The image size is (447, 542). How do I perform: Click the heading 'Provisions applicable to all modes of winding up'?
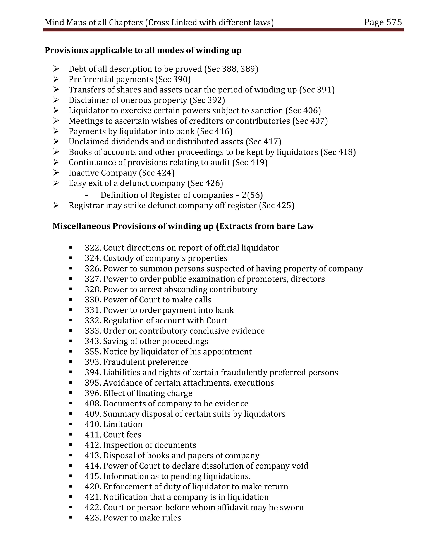click(x=143, y=50)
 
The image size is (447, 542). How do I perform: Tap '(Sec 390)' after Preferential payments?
click(x=173, y=80)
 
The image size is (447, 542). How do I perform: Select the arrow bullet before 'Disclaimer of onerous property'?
click(x=56, y=100)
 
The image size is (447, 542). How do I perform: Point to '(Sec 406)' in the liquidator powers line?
click(x=303, y=110)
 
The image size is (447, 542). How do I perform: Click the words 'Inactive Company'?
click(x=103, y=173)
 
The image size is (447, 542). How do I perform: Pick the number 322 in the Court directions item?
click(x=93, y=248)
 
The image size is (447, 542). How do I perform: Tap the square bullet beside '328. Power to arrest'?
click(x=70, y=289)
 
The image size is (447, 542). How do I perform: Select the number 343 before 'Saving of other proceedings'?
click(x=93, y=341)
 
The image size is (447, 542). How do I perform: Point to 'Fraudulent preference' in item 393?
click(x=146, y=362)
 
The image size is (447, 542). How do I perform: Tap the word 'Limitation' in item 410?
click(x=123, y=424)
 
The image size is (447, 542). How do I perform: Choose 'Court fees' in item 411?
click(x=122, y=435)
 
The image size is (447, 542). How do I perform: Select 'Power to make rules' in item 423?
click(x=142, y=518)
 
